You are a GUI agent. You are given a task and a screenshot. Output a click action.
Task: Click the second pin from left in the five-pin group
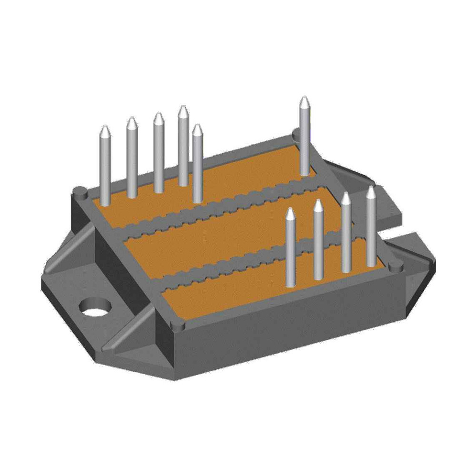(132, 157)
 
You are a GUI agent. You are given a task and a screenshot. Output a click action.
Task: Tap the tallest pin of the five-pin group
(183, 145)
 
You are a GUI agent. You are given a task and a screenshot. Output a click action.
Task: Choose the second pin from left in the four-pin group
(318, 240)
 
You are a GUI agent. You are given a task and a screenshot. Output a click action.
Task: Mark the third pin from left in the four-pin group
(347, 231)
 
